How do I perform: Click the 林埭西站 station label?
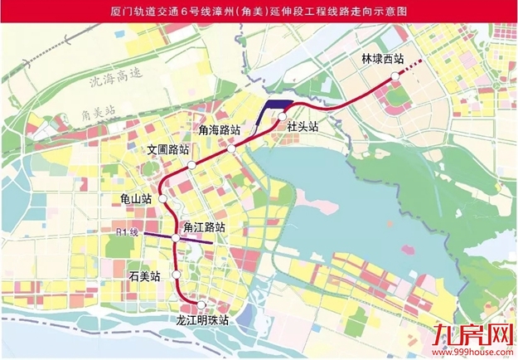383,60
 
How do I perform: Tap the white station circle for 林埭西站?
395,75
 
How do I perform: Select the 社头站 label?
303,127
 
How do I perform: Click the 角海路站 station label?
220,130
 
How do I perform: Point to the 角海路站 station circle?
234,148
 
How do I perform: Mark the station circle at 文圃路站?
191,166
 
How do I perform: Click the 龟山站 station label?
135,199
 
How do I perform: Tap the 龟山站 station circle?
163,200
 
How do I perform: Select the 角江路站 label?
204,226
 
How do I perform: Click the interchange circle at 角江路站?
176,239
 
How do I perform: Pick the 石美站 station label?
145,275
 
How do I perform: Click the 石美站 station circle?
176,275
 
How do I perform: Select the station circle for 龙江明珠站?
201,304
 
